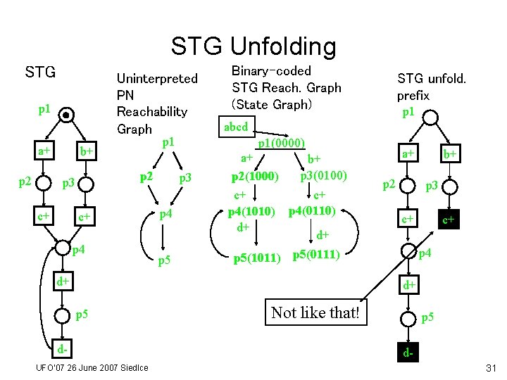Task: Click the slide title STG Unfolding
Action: click(x=254, y=46)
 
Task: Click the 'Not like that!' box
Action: click(x=315, y=312)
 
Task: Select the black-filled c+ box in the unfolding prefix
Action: click(x=448, y=220)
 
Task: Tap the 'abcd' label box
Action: click(x=236, y=127)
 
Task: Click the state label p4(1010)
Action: click(x=250, y=211)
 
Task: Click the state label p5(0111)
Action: click(x=317, y=254)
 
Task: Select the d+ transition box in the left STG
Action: click(x=63, y=281)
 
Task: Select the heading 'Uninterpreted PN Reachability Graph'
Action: click(x=156, y=103)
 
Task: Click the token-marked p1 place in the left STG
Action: click(x=65, y=115)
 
